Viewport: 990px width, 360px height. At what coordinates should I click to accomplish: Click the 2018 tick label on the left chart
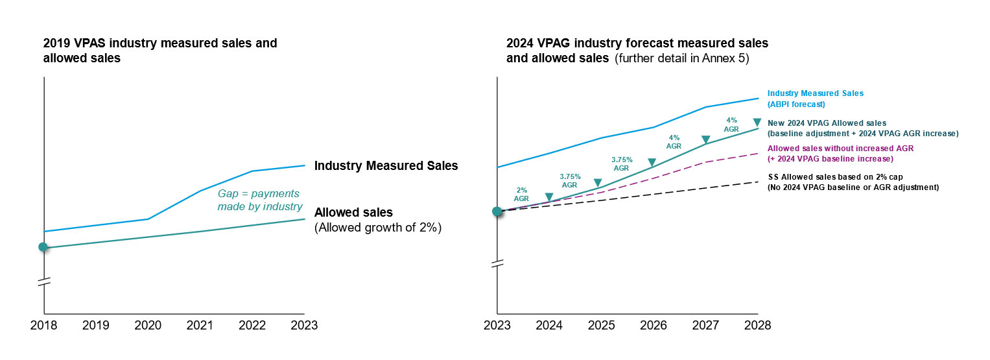point(43,325)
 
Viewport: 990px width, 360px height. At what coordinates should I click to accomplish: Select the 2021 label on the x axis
point(200,325)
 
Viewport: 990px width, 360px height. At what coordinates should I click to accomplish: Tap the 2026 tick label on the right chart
point(653,325)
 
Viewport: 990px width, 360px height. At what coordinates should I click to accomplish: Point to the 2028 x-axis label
point(757,325)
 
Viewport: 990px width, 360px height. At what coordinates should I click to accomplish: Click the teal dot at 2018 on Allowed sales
point(43,247)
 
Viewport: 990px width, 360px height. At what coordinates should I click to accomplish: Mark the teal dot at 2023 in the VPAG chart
point(497,211)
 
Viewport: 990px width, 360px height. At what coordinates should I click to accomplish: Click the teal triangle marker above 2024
point(549,197)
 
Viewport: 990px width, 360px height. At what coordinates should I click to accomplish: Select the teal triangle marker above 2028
point(757,123)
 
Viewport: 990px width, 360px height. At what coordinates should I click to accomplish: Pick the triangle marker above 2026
point(652,162)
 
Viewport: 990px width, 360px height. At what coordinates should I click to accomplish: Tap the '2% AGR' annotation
point(522,194)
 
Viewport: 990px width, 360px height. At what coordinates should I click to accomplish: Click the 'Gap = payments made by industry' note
point(259,200)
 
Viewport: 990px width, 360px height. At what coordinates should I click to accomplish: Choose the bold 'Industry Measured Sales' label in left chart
point(386,166)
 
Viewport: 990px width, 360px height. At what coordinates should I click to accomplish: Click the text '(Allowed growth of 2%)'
point(377,228)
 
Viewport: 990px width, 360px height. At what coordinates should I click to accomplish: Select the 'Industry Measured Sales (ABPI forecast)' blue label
point(815,99)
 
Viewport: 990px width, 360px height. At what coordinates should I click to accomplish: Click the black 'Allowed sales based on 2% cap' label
point(853,182)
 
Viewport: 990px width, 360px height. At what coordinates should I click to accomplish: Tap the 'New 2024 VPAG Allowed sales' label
point(862,128)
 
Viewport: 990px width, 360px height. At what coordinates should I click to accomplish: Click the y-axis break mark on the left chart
point(43,282)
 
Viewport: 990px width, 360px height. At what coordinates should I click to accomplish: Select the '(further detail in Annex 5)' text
point(682,59)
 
